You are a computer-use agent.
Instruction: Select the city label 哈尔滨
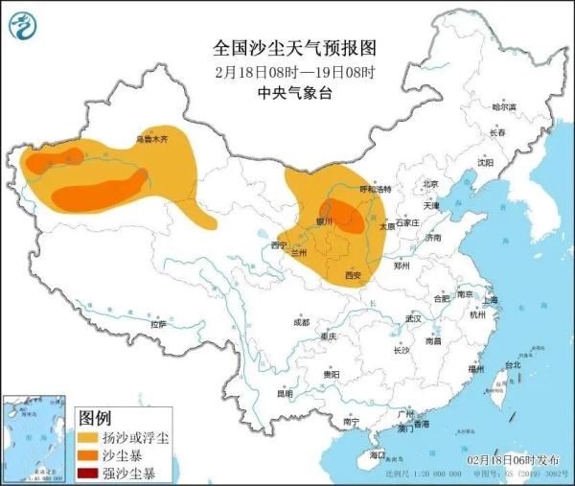tap(503, 106)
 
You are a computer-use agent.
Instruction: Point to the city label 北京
tap(429, 184)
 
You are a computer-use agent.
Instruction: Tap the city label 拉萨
tap(158, 324)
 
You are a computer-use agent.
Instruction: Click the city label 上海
tap(491, 299)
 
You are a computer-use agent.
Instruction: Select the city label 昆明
tap(285, 393)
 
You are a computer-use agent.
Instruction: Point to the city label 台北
tap(512, 364)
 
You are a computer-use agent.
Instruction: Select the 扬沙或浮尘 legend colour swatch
tap(93, 438)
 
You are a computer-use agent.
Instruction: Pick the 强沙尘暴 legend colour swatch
tap(93, 473)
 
